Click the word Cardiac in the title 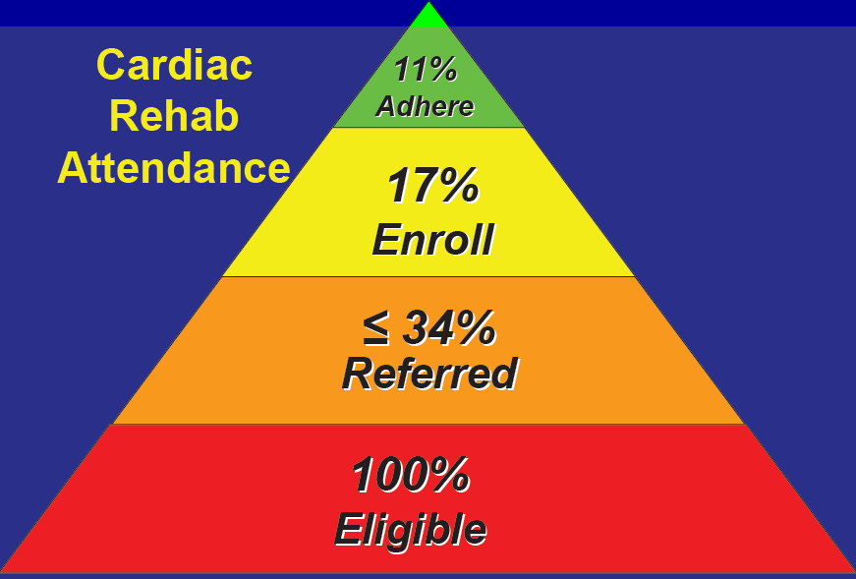[174, 65]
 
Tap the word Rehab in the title [174, 116]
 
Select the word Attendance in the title [174, 168]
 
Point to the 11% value [426, 70]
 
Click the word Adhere [425, 106]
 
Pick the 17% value [432, 186]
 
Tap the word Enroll [432, 239]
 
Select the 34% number [449, 327]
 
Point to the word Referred [429, 374]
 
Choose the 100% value [411, 475]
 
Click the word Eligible [411, 529]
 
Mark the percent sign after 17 [460, 186]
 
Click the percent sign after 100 [450, 475]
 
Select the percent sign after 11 [442, 70]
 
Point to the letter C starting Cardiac [109, 65]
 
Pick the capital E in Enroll [387, 239]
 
